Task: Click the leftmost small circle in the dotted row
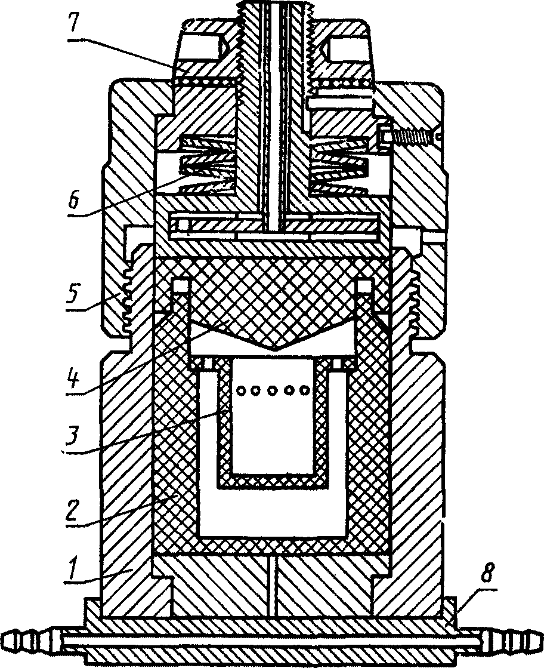point(242,390)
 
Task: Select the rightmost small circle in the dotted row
point(305,390)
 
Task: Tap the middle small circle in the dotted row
point(274,390)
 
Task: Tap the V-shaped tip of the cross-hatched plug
point(273,346)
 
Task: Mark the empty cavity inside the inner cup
point(274,430)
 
